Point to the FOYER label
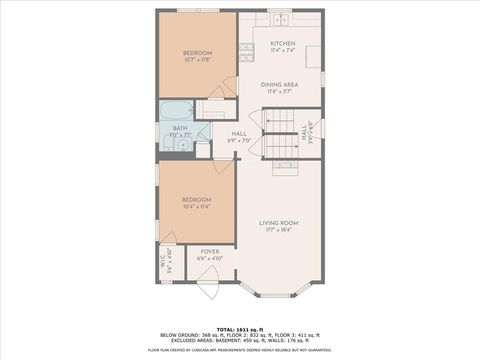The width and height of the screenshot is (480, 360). [x=210, y=251]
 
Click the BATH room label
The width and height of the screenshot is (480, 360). [x=180, y=128]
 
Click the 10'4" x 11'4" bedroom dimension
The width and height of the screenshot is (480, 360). [x=196, y=207]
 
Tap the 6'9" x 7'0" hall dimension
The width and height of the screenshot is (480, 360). [x=239, y=141]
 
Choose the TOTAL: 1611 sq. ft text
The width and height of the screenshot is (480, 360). [x=240, y=329]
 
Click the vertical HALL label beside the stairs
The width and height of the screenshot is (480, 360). [x=303, y=132]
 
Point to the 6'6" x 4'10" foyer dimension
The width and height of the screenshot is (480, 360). [x=210, y=258]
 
